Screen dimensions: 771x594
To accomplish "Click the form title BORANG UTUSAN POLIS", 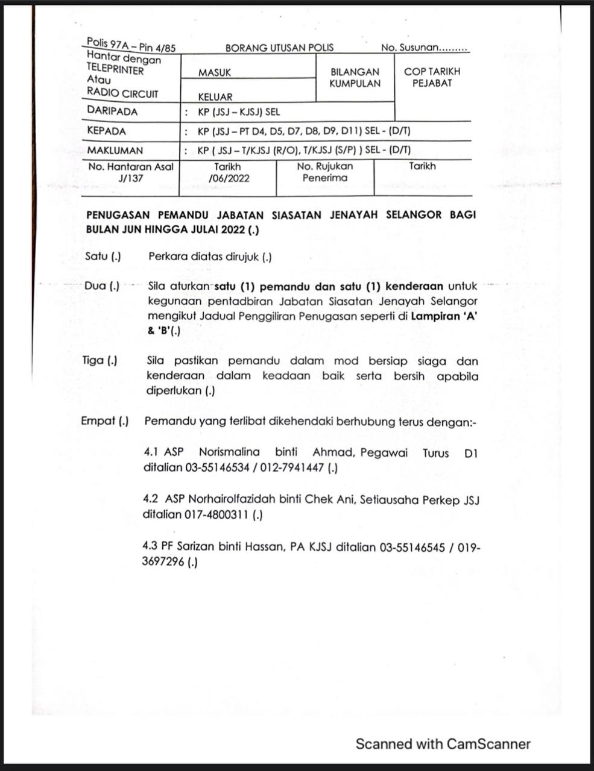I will tap(279, 48).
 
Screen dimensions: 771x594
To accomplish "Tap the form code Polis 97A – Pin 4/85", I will tap(131, 45).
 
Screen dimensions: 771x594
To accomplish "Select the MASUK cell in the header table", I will tap(215, 73).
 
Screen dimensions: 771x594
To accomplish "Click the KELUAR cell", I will tap(215, 96).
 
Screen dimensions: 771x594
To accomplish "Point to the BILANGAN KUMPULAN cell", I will tap(355, 78).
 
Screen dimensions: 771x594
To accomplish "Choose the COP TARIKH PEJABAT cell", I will tap(432, 77).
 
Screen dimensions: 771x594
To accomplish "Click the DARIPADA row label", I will tap(112, 111).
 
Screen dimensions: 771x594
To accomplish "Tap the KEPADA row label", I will tap(107, 131).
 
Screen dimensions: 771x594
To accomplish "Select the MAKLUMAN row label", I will tap(115, 150).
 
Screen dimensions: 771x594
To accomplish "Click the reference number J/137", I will tap(131, 178).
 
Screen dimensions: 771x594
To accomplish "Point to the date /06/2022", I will tap(229, 178).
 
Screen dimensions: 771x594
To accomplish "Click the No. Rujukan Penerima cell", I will tap(325, 172).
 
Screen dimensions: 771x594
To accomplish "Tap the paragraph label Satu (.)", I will tap(103, 257).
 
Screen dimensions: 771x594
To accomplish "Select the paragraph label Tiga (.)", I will tap(100, 361).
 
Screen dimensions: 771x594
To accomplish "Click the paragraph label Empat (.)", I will tap(105, 421).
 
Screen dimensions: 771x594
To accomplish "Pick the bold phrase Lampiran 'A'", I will tap(444, 316).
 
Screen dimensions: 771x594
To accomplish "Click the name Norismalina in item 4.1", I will tap(229, 452).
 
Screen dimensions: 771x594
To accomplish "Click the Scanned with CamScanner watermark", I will tap(443, 744).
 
